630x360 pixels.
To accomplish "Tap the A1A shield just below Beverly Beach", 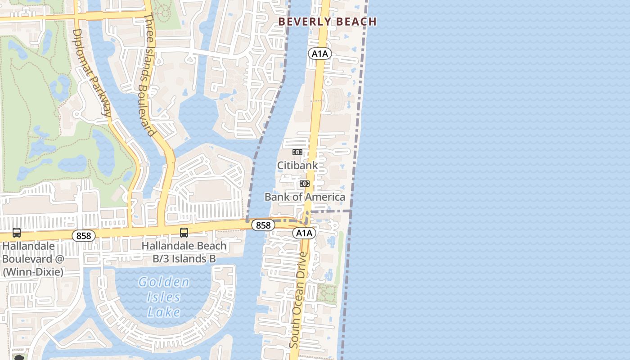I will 319,54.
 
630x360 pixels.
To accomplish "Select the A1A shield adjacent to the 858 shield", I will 304,233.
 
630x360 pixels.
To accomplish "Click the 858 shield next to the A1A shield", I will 263,225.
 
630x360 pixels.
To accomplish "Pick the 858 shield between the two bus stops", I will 84,235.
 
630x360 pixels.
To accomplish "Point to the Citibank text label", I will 297,165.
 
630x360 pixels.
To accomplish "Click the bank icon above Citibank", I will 297,152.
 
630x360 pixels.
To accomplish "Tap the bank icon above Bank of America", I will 305,184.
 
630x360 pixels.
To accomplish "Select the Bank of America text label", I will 305,197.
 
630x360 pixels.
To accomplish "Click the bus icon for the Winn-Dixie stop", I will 17,233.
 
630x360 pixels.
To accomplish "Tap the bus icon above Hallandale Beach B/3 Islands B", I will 184,233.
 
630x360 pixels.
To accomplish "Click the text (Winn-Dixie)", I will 33,272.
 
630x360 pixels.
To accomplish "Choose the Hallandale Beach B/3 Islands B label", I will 184,252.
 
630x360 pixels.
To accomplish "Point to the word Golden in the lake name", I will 164,282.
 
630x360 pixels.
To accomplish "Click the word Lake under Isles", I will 164,312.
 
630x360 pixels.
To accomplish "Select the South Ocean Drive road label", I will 299,300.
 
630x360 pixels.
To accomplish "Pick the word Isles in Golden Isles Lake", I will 164,297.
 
